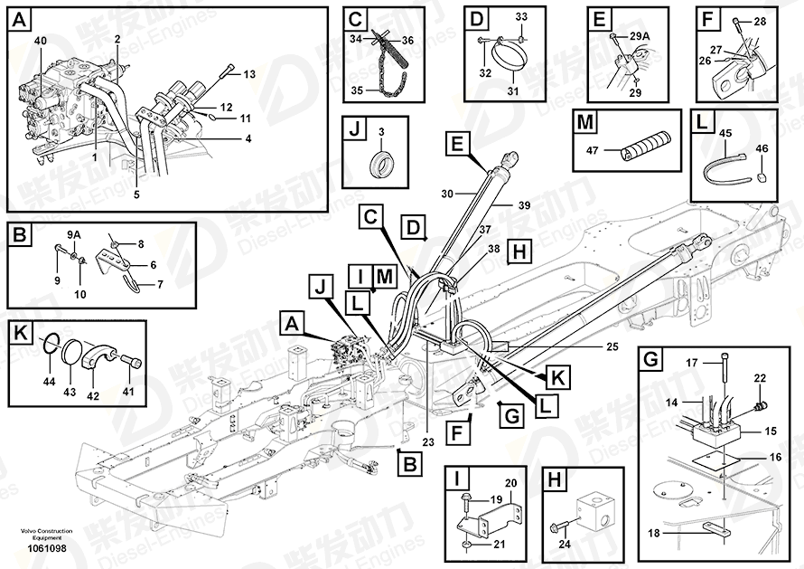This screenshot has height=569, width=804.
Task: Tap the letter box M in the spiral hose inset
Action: pos(585,121)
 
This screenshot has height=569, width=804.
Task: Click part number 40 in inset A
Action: pos(39,41)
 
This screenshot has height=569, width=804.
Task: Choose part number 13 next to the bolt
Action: pos(250,73)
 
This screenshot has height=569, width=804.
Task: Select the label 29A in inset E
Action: pos(640,34)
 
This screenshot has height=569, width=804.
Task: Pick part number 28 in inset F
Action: pos(759,21)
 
